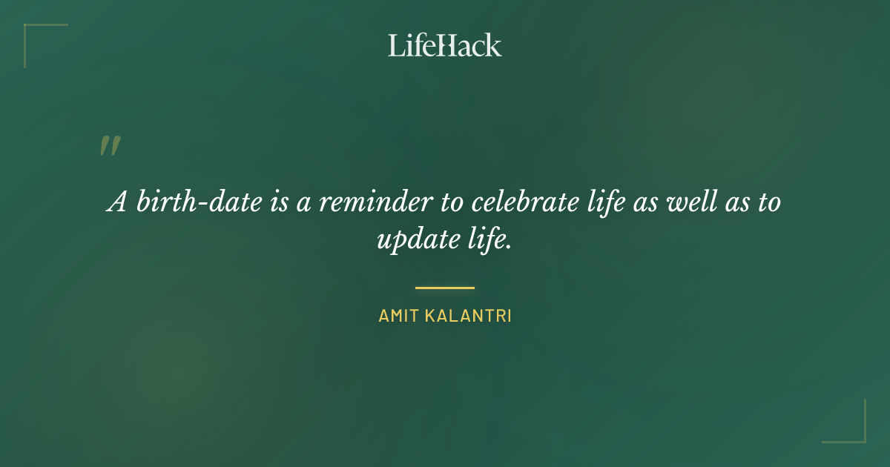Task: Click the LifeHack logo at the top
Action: (444, 45)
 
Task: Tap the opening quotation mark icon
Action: (109, 146)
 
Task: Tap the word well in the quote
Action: (693, 202)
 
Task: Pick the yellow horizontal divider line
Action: (444, 288)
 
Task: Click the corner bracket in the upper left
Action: (37, 37)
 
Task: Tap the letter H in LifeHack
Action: (445, 45)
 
